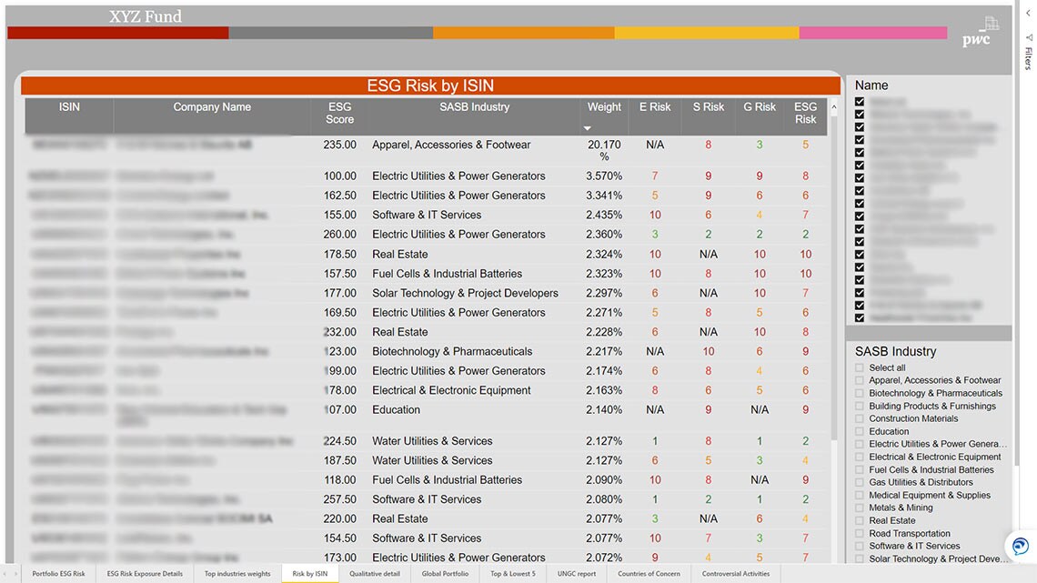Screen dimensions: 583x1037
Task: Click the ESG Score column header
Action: pos(339,113)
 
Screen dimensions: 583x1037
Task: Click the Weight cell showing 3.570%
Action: pos(604,176)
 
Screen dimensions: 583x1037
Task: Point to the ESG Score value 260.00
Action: pos(339,235)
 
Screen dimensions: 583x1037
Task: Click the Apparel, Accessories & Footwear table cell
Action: pos(451,145)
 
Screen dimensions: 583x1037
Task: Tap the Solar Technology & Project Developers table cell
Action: pos(465,293)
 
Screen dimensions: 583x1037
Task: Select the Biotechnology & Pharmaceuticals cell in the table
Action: pos(452,351)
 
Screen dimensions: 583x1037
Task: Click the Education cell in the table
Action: pos(397,409)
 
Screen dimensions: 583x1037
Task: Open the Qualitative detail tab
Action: pos(375,574)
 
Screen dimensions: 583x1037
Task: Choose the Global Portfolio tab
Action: pos(446,574)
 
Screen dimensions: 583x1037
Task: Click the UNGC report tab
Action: pos(577,574)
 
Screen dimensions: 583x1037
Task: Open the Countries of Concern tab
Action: pos(649,574)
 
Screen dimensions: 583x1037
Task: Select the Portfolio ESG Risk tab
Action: pos(58,574)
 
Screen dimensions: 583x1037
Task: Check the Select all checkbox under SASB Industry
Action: pos(860,368)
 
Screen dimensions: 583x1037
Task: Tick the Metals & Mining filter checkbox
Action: pos(860,508)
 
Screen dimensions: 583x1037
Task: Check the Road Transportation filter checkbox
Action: pos(860,534)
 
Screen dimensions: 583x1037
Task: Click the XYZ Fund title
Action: pos(146,16)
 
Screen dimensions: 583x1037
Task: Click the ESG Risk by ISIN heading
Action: pos(430,85)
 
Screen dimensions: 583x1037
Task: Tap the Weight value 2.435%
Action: pos(604,216)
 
